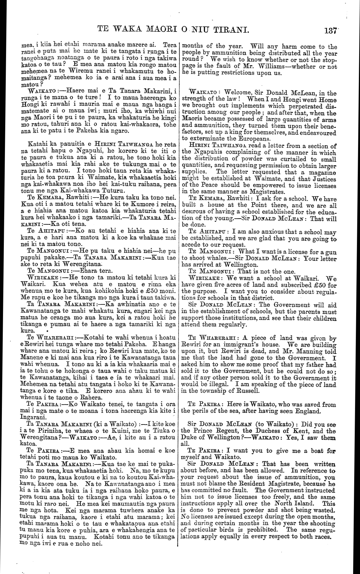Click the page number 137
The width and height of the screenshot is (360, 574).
click(330, 30)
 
